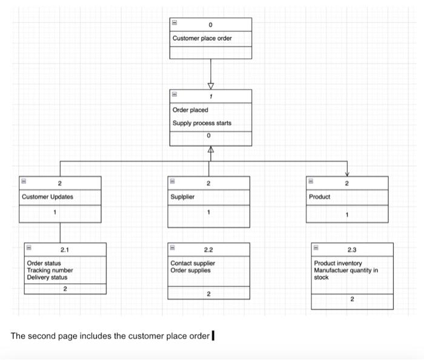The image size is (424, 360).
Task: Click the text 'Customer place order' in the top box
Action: click(202, 39)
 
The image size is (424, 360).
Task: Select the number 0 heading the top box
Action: click(210, 25)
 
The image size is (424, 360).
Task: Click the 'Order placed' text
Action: click(190, 110)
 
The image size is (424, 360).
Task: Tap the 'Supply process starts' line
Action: click(202, 123)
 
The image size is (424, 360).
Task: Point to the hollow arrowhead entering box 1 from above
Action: click(211, 85)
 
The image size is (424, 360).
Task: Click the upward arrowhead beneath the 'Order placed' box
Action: click(211, 150)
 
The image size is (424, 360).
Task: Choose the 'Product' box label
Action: click(319, 197)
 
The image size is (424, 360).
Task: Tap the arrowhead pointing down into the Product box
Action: click(347, 172)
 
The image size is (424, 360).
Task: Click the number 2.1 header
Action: click(65, 249)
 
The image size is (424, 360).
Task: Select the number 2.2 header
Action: click(208, 249)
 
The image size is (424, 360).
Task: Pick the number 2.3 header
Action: click(352, 249)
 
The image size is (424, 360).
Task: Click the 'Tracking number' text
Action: click(50, 270)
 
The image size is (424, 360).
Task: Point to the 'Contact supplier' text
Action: click(193, 264)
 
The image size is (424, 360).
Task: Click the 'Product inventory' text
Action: click(338, 264)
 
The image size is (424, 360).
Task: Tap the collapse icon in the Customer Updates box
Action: click(24, 181)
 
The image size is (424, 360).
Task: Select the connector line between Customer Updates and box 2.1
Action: click(60, 232)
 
